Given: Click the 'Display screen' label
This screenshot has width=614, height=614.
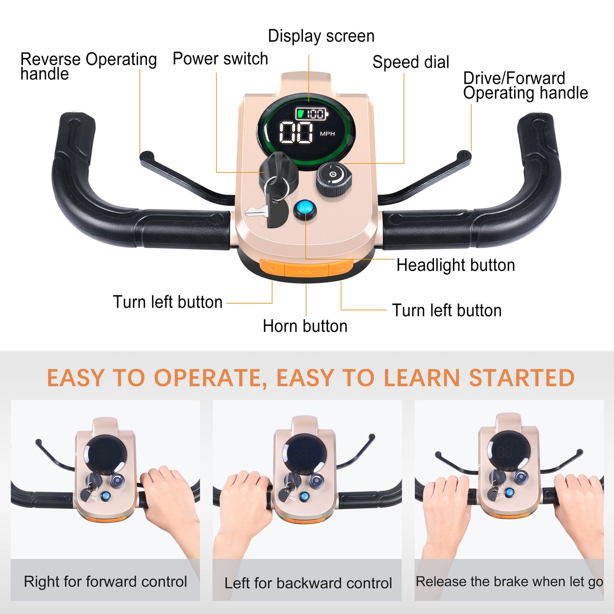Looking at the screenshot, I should pos(321,36).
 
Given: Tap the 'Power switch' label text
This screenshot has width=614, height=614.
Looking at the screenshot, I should pos(220,59).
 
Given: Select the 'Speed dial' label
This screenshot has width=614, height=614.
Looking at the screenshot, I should pos(410,62).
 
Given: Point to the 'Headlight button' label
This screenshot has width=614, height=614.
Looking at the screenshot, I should pos(455,265).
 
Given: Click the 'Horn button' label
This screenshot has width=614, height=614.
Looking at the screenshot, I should pos(305,326).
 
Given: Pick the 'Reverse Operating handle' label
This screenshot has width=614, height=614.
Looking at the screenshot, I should pos(88,66).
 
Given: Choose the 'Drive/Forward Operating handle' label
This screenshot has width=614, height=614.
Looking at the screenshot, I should pos(525,86).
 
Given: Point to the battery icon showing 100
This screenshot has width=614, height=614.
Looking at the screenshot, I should pos(312,114).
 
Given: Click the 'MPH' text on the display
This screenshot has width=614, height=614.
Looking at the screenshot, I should pos(327,134).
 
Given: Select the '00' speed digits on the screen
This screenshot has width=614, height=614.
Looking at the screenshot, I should pos(296,133).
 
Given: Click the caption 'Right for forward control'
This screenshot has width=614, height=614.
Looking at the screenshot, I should pos(105,581).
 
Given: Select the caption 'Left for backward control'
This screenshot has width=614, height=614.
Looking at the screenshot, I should pos(308,583).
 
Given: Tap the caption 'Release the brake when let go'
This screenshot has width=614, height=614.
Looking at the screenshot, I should pos(509,581).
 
